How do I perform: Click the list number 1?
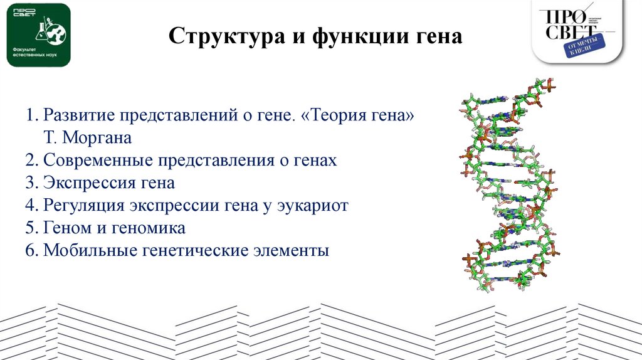click(30, 116)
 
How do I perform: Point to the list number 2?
click(30, 161)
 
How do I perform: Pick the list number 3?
click(30, 183)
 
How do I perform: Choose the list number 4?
click(30, 206)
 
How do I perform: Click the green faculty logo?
click(38, 34)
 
